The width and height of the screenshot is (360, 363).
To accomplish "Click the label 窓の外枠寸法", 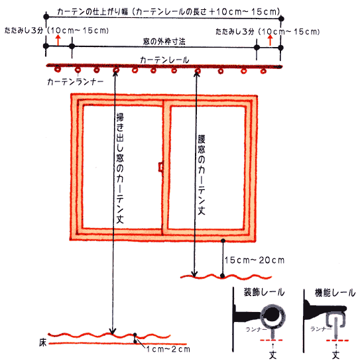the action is coord(164,42).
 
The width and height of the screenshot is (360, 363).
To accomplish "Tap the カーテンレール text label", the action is coord(164,60).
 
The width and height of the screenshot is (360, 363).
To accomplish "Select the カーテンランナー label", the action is coord(76,81).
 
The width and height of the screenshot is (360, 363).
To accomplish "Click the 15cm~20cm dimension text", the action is coord(255,260).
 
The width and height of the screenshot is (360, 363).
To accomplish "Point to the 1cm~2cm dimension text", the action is coord(168,349).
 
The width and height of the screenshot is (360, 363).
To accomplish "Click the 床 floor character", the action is coord(43,343).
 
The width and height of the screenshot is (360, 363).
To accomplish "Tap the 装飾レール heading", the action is coord(264,292).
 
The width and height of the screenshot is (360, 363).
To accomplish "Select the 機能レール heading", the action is coord(335,293).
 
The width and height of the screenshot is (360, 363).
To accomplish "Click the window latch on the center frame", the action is coord(160,167).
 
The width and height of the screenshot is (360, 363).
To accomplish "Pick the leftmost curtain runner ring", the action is coord(58,69).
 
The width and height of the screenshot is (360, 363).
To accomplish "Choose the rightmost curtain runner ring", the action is coord(263,71).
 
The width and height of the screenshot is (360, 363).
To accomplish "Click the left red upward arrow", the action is coord(58,40).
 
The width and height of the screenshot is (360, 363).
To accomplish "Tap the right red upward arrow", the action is coord(270,40).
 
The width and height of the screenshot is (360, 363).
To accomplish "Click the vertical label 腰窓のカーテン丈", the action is coord(202,175).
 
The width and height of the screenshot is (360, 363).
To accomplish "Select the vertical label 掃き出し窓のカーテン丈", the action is coord(120,168).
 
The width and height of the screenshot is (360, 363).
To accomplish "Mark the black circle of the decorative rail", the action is coord(272,314).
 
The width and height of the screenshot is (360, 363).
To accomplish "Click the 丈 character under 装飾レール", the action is coord(273,354).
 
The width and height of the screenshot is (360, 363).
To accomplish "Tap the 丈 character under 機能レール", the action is coord(335,354).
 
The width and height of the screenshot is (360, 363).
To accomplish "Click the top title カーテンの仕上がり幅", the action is coord(92,11).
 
